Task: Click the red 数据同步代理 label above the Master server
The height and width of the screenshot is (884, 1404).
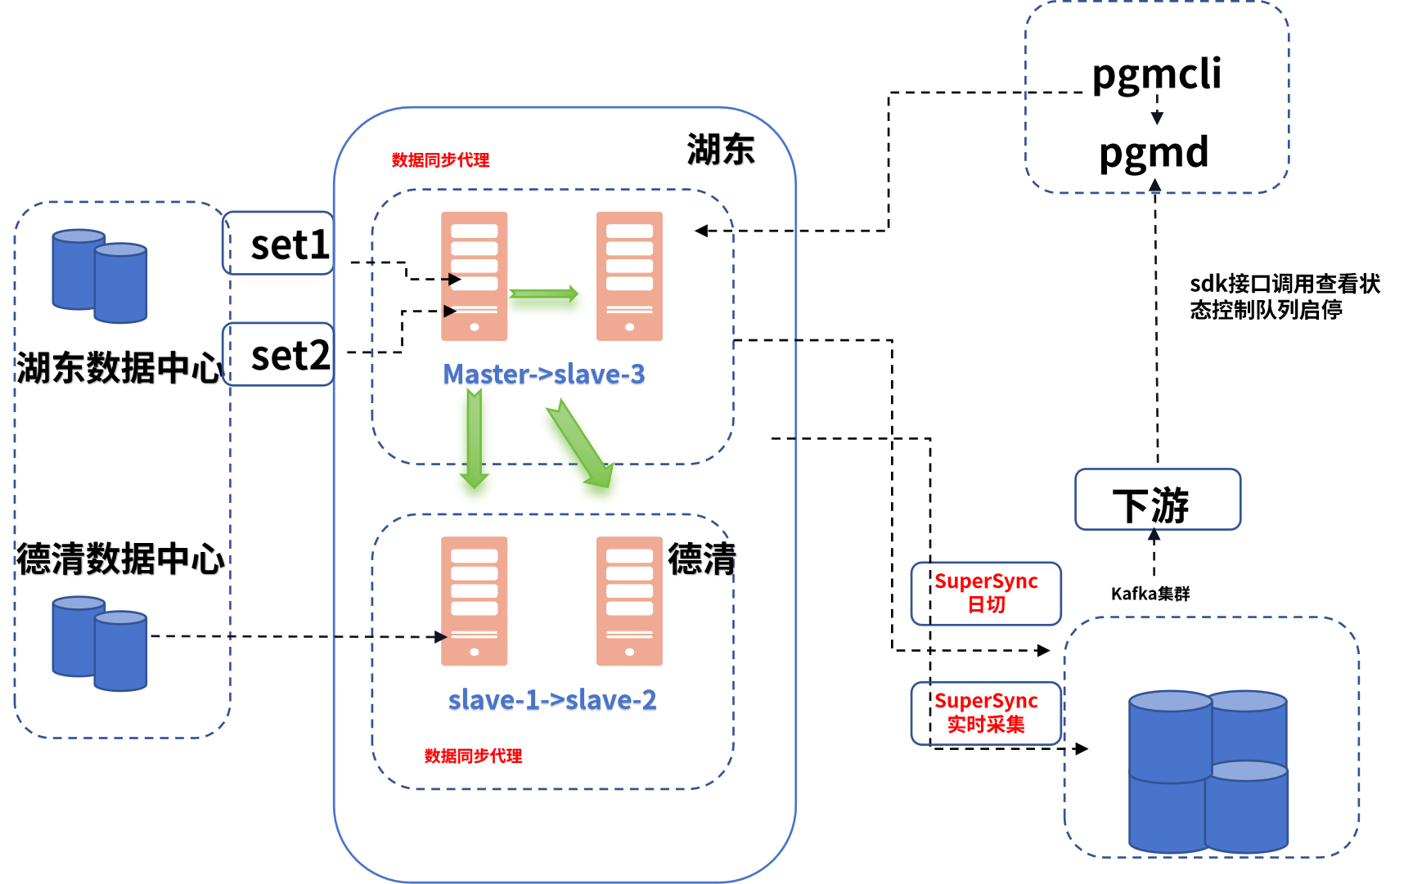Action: (440, 160)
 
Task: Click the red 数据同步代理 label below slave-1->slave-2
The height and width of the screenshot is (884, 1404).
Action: (473, 756)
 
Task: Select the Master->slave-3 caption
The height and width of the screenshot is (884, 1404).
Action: (544, 375)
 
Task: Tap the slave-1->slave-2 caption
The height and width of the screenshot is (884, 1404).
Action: (552, 701)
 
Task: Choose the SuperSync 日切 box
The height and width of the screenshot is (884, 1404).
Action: (986, 594)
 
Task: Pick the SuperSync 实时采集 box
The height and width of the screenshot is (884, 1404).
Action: (986, 713)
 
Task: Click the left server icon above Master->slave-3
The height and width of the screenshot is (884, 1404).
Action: (475, 276)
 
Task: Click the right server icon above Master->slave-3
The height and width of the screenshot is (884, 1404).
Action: (629, 276)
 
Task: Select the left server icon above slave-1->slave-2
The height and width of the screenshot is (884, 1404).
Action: (475, 601)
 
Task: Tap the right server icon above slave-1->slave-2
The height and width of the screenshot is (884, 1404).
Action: (629, 601)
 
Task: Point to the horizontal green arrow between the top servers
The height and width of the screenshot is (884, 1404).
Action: (547, 303)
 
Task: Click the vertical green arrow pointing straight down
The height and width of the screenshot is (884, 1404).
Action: (475, 446)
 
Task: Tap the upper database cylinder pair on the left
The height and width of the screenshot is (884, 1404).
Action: (100, 276)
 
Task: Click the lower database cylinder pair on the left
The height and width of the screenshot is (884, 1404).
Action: (100, 644)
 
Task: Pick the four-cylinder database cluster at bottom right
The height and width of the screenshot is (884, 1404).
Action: (1208, 771)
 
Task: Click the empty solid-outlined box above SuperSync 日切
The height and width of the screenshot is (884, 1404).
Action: (1157, 499)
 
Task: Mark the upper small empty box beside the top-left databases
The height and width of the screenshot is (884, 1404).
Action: (277, 243)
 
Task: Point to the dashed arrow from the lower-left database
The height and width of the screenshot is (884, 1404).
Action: (295, 636)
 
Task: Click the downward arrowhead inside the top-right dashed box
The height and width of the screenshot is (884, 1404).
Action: (1157, 118)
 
